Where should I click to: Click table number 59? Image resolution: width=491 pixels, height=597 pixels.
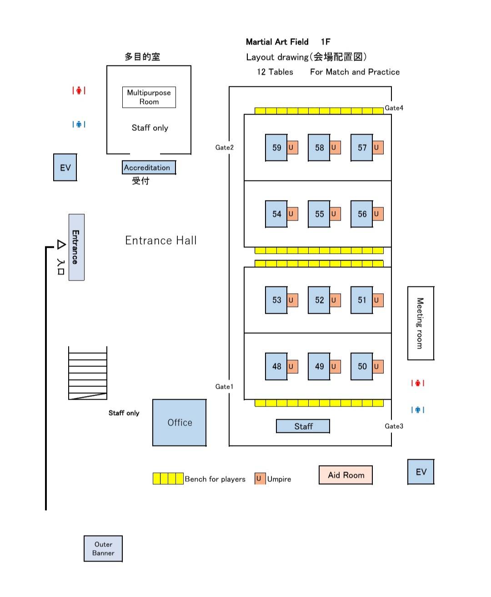point(276,147)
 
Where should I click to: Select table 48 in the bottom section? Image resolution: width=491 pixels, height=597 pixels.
point(276,366)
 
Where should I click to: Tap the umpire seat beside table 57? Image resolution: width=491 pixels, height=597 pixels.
point(378,147)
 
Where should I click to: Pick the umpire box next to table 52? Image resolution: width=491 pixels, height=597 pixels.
point(335,300)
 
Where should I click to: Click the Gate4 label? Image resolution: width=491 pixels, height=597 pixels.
point(394,108)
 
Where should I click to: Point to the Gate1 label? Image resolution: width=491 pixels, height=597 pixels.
point(224,386)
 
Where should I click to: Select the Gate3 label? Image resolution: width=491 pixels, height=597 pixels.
point(394,426)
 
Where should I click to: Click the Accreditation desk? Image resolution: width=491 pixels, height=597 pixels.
point(148,167)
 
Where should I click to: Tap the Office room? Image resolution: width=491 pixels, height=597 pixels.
point(180,422)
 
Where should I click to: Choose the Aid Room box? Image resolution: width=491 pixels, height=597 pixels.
point(346,475)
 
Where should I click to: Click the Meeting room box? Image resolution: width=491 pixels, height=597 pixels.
point(421,323)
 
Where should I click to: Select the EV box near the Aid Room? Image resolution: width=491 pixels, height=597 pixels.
point(421,472)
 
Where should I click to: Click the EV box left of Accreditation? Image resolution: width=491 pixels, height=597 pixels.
point(65,167)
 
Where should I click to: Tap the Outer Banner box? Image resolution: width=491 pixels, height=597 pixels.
point(103,548)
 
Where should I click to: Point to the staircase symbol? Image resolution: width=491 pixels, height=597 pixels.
point(88,373)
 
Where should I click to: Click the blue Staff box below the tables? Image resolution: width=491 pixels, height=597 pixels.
point(303,426)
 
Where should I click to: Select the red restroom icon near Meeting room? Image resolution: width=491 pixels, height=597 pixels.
point(417,383)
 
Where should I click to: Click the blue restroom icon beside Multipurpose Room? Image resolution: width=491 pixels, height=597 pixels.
point(79,124)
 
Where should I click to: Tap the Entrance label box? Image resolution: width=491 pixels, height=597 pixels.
point(76,247)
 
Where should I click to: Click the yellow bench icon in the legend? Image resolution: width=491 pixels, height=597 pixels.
point(168,478)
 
